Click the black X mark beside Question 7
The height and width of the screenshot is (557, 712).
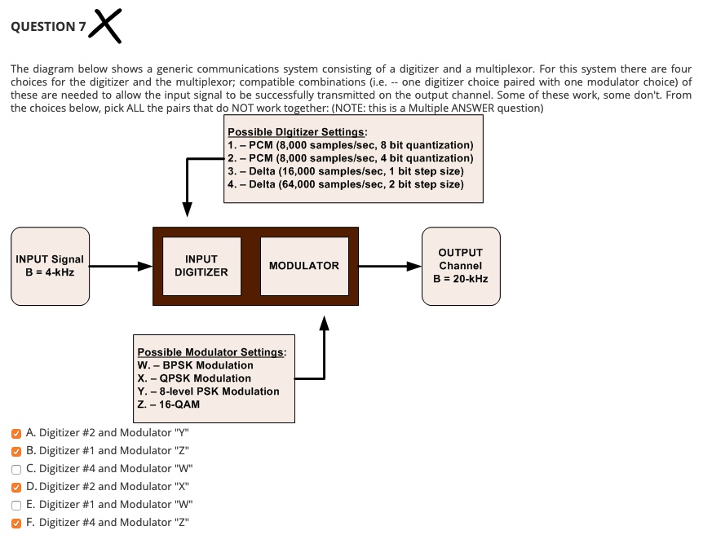[108, 24]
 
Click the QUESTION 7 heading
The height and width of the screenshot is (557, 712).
[47, 26]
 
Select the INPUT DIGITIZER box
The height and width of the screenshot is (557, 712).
[201, 266]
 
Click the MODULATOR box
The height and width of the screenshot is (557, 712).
[304, 266]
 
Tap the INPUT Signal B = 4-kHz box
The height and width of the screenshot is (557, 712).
[50, 266]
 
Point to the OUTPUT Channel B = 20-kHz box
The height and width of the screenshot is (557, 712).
[461, 266]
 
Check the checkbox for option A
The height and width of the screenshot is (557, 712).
[16, 433]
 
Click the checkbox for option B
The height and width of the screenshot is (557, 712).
[16, 450]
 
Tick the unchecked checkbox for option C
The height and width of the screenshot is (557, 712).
[16, 468]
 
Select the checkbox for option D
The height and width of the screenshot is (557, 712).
[16, 487]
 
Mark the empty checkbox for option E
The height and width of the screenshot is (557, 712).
[16, 505]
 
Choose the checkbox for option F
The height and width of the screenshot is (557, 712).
[16, 523]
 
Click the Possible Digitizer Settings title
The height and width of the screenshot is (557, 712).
[298, 132]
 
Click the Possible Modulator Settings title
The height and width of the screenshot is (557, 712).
[211, 352]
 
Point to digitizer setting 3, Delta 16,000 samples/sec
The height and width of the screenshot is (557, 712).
[346, 171]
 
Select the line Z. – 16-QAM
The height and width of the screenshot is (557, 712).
[169, 404]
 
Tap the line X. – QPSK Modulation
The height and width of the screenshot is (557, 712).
[194, 378]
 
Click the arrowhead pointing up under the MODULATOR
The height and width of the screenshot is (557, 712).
[325, 325]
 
